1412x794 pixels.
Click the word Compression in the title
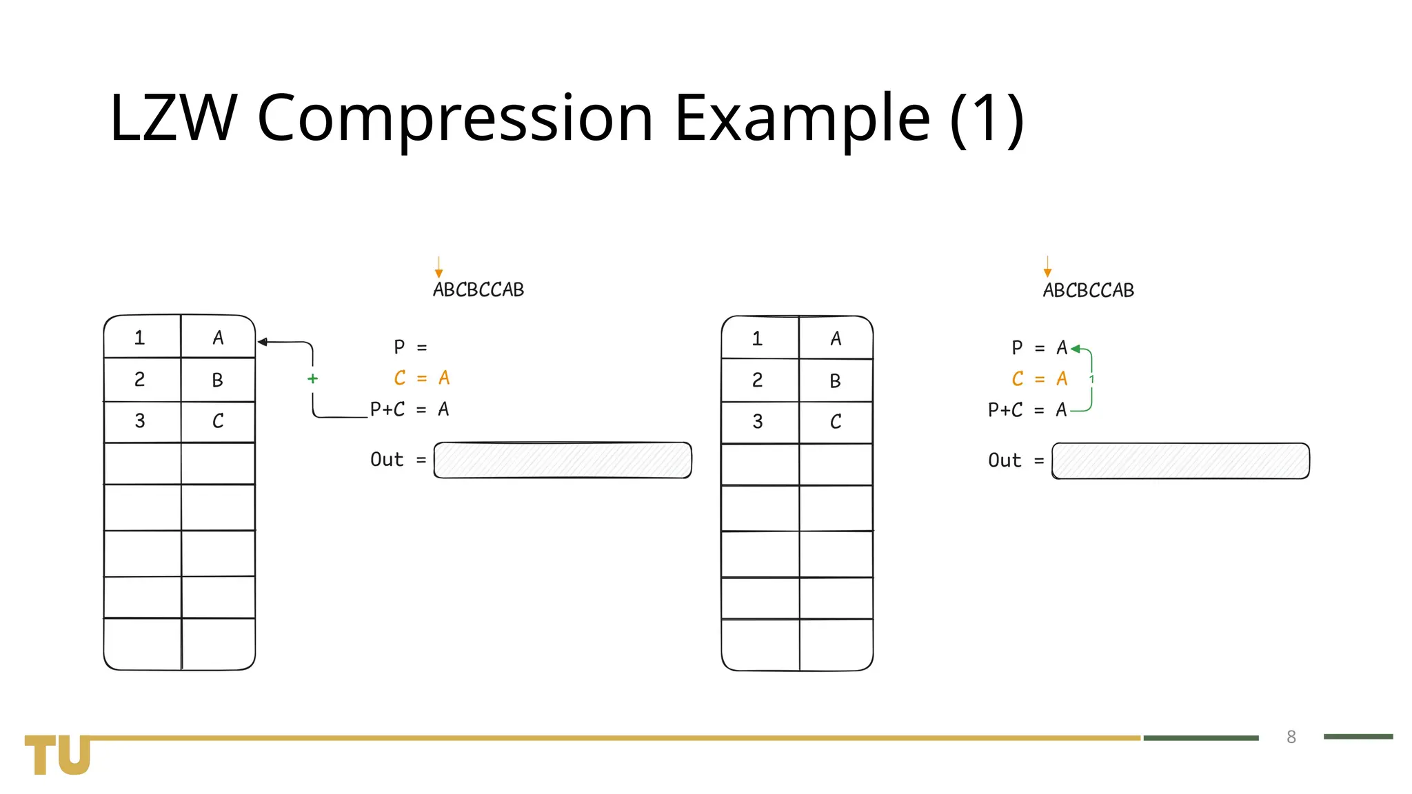click(x=455, y=119)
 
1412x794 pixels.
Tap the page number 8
click(x=1291, y=737)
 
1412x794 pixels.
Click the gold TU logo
click(x=58, y=755)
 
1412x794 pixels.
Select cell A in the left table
click(x=218, y=338)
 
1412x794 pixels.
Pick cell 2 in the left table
click(x=140, y=379)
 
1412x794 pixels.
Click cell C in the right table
click(x=836, y=422)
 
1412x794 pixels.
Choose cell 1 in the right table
click(x=758, y=338)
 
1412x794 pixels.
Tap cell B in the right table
click(x=836, y=380)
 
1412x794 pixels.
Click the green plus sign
click(x=312, y=378)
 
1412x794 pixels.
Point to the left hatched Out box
click(x=563, y=460)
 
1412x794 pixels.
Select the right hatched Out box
click(x=1180, y=461)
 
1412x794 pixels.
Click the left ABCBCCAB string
click(x=478, y=290)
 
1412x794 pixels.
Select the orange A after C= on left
click(x=444, y=378)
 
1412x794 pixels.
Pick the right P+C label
click(x=1005, y=410)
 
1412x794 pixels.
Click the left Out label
click(x=387, y=460)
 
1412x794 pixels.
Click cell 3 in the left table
click(x=140, y=421)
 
